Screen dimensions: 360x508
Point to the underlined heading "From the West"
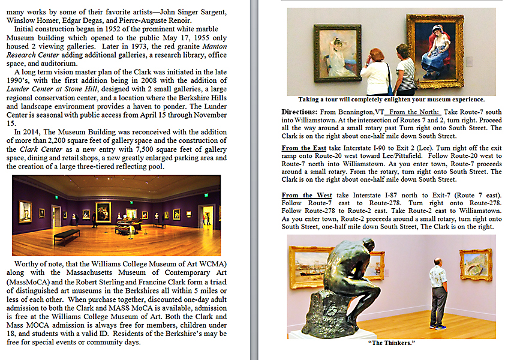point(306,195)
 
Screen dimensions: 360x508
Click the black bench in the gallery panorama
point(66,233)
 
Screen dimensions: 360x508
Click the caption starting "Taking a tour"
point(391,100)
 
